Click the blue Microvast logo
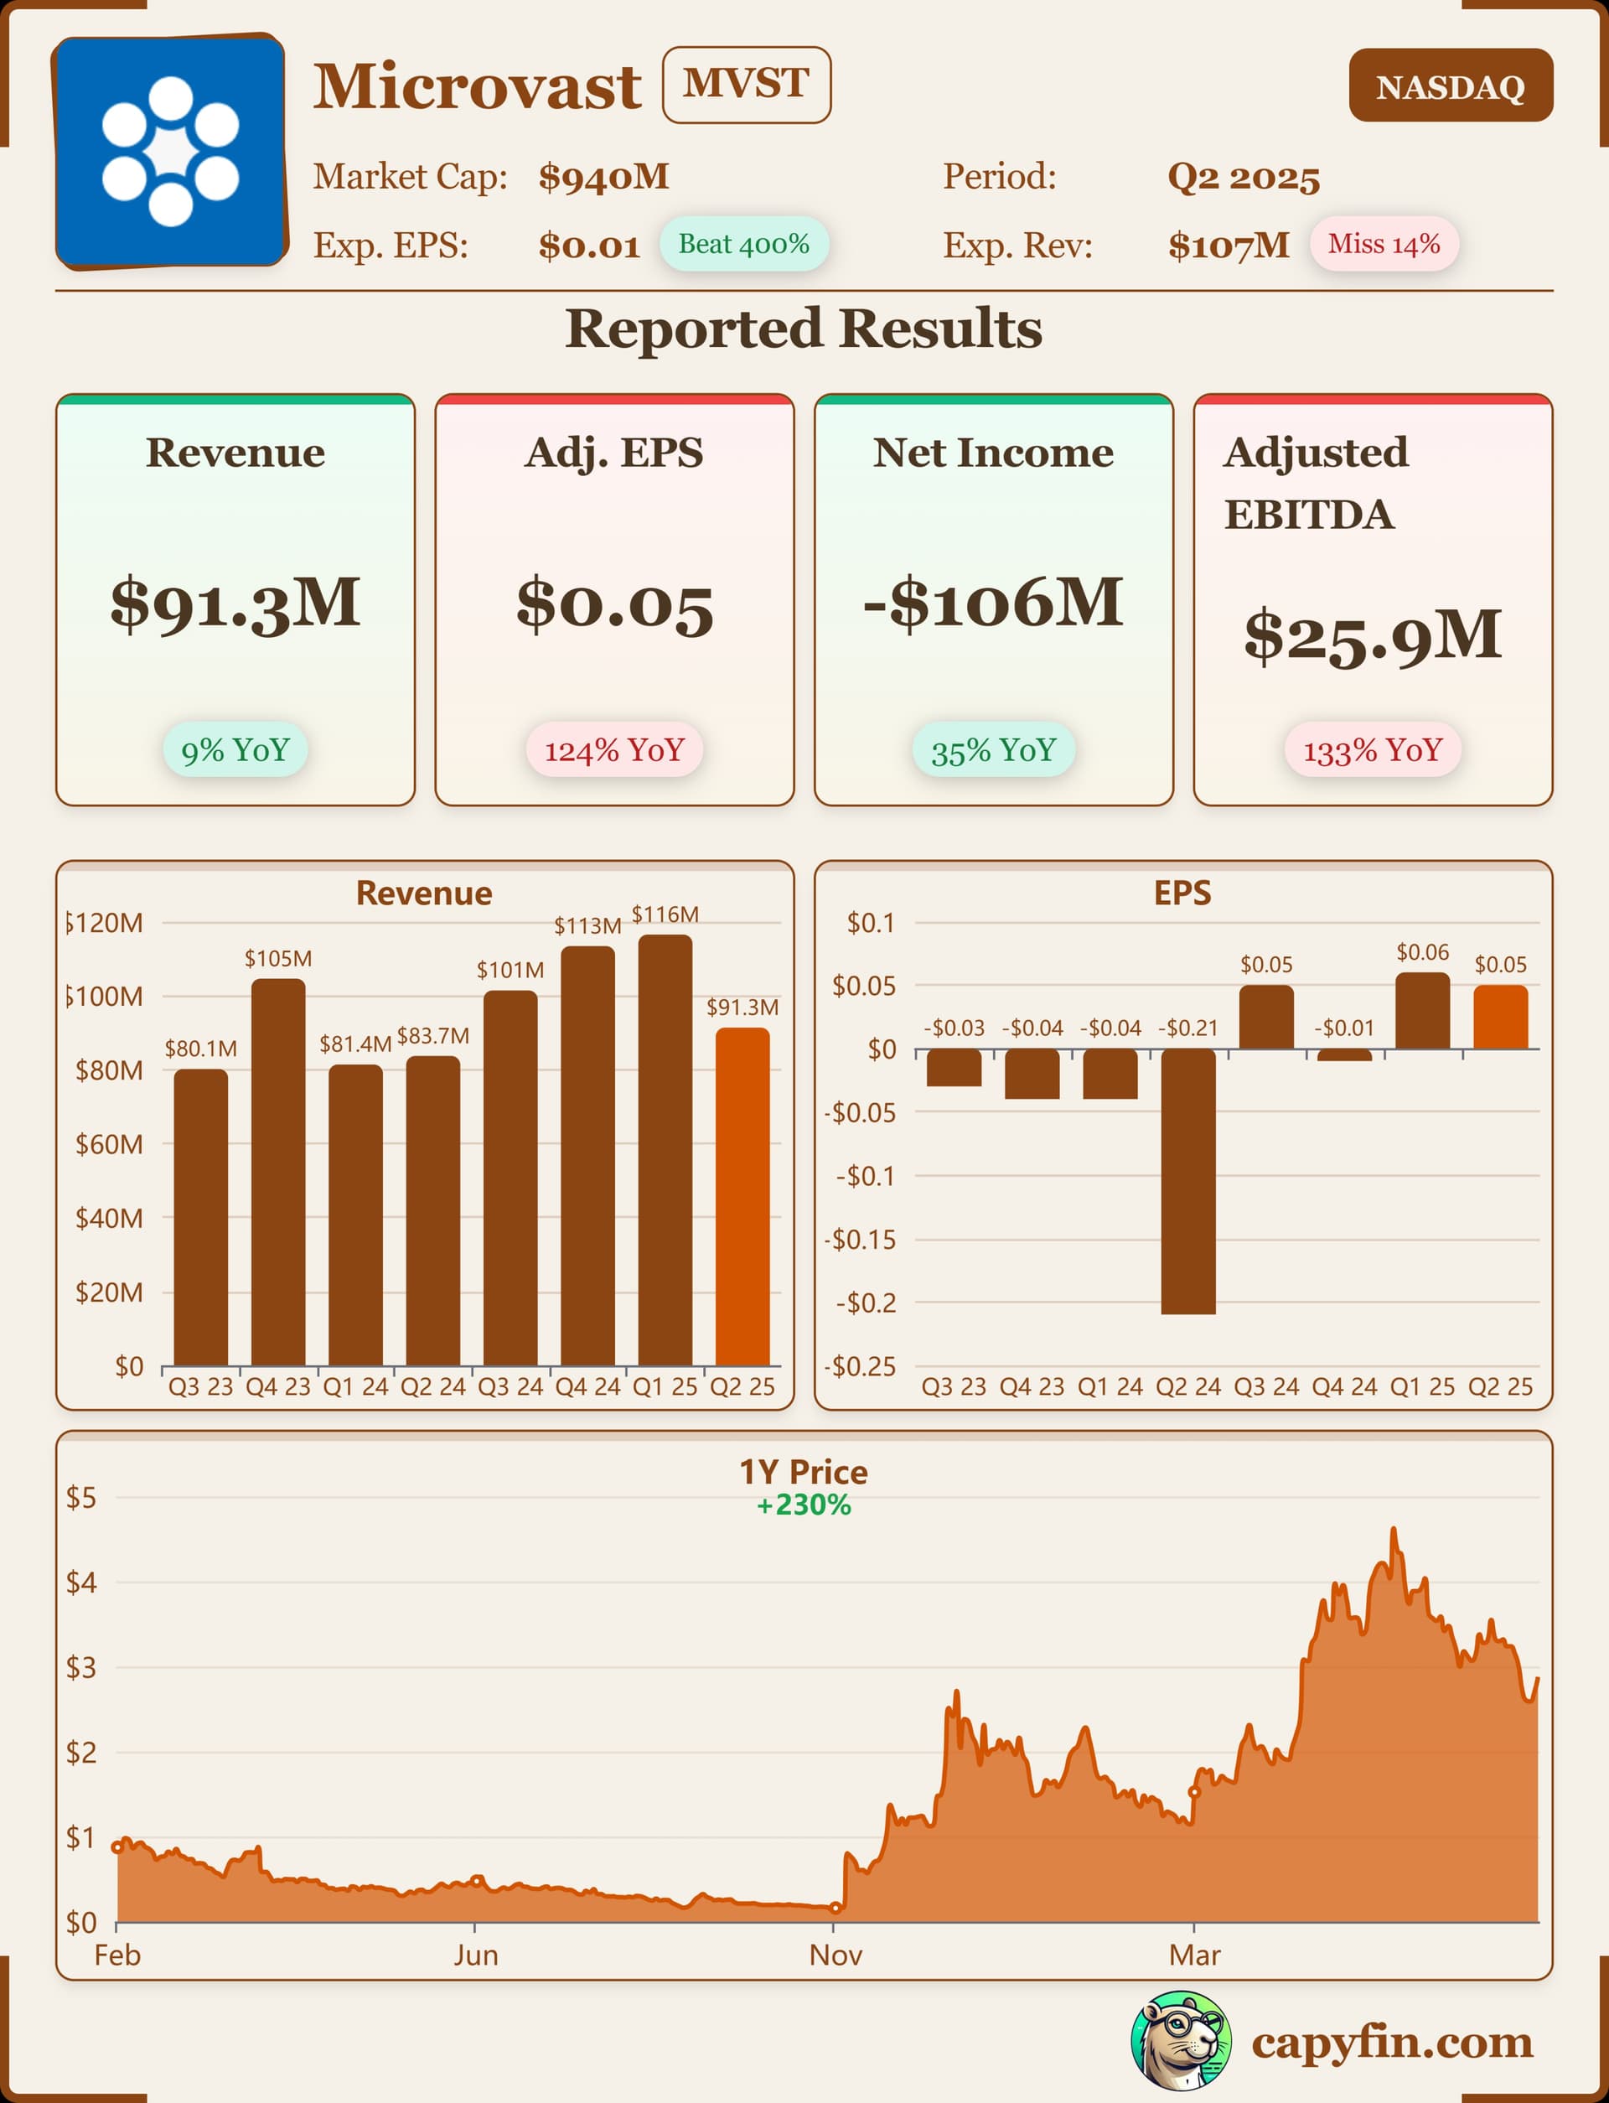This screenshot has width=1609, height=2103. (170, 152)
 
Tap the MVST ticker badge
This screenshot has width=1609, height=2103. (746, 85)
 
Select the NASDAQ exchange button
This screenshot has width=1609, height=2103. (1450, 86)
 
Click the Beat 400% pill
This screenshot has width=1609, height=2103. (743, 244)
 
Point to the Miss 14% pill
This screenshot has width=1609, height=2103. (1383, 244)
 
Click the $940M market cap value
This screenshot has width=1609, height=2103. (603, 177)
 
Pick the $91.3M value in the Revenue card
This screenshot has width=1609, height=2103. (235, 603)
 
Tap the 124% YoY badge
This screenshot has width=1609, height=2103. (614, 750)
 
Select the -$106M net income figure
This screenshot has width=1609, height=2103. (993, 603)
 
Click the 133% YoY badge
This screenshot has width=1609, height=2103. (1372, 750)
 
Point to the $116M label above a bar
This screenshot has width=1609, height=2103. (665, 914)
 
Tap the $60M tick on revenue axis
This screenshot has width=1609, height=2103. (109, 1143)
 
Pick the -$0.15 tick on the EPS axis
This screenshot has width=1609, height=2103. (860, 1239)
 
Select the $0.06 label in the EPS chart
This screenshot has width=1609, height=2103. (1422, 952)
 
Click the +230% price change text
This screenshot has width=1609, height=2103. (804, 1505)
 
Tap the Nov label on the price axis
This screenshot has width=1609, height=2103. (836, 1955)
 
